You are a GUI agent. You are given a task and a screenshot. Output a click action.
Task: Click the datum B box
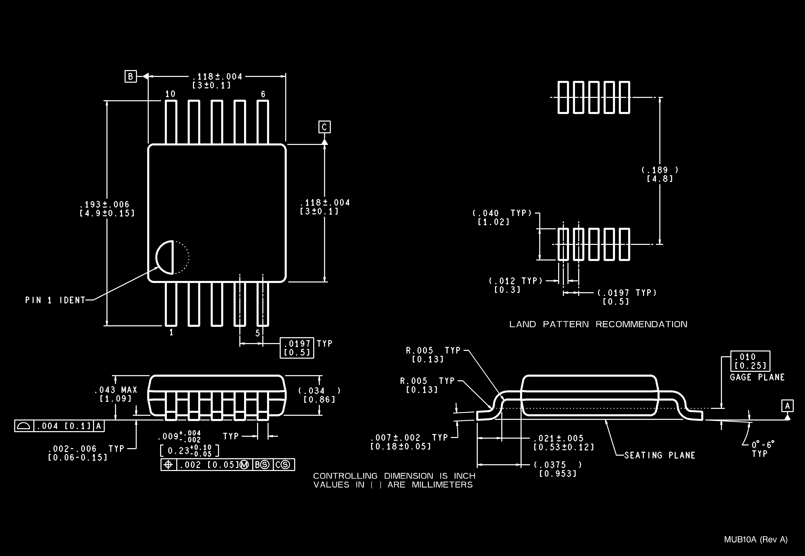pyautogui.click(x=131, y=76)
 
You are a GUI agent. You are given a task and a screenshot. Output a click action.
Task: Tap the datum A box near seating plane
pyautogui.click(x=788, y=406)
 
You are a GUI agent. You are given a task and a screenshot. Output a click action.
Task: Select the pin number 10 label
pyautogui.click(x=170, y=94)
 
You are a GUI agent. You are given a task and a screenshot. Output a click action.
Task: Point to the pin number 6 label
pyautogui.click(x=263, y=94)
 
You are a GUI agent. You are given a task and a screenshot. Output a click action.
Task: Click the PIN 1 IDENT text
pyautogui.click(x=55, y=300)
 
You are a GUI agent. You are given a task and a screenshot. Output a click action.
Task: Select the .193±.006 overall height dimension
pyautogui.click(x=107, y=208)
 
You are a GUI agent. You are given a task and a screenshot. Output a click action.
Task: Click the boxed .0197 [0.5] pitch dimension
pyautogui.click(x=297, y=348)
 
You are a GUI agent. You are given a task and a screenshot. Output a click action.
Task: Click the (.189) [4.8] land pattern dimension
pyautogui.click(x=660, y=174)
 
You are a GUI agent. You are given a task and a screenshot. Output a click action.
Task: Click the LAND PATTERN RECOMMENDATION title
pyautogui.click(x=598, y=324)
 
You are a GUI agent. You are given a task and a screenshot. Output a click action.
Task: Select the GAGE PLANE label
pyautogui.click(x=757, y=377)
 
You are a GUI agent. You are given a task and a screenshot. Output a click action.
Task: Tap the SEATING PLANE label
pyautogui.click(x=659, y=455)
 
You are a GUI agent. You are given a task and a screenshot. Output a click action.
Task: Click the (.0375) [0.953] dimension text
pyautogui.click(x=557, y=469)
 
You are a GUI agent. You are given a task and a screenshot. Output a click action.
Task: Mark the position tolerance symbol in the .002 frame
pyautogui.click(x=169, y=465)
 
